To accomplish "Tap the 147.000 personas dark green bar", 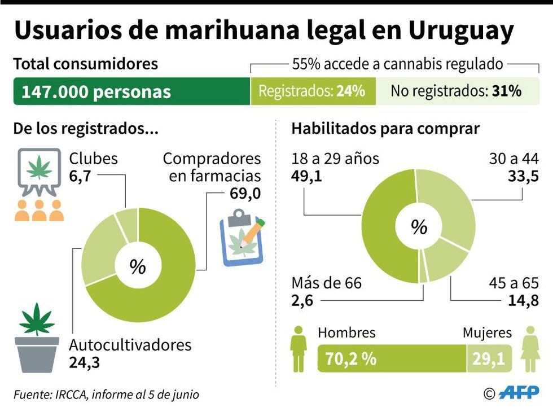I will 131,91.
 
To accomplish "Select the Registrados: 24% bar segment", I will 312,91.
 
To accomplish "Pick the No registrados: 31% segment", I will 456,91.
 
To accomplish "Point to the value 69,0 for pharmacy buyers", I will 245,194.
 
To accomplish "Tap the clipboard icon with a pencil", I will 242,238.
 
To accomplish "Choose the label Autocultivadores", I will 130,344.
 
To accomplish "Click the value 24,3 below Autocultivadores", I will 85,362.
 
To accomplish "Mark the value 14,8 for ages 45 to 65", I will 523,300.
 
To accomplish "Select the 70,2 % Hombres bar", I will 392,358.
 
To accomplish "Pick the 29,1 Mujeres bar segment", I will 489,358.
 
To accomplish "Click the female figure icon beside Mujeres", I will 530,349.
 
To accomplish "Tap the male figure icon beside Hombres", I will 299,349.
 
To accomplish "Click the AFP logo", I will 519,393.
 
